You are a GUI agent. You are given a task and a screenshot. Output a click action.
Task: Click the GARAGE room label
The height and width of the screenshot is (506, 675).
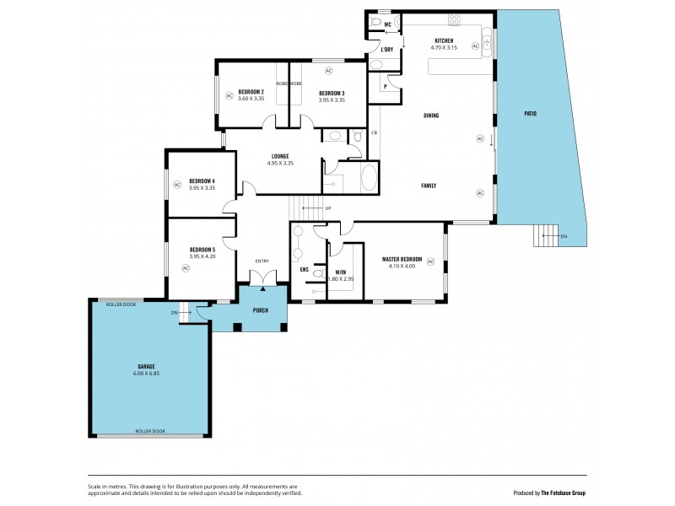pos(147,367)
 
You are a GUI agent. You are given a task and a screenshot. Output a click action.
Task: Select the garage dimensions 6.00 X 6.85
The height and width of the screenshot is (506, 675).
pos(147,373)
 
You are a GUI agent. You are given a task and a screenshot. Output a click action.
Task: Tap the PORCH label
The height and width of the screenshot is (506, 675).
pos(261,310)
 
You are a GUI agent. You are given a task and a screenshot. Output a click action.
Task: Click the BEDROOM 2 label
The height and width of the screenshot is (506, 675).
pos(251,92)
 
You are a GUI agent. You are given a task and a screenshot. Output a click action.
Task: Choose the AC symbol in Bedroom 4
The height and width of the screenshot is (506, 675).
pos(177,184)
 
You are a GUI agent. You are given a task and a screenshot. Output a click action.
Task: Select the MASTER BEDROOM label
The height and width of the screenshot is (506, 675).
pos(402,259)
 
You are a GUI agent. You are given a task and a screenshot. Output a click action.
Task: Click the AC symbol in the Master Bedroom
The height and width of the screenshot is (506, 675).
pos(430,262)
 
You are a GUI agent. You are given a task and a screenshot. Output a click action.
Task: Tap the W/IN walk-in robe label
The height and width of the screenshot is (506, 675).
pos(341,271)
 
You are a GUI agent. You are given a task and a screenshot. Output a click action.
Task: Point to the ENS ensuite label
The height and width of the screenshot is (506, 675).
pos(304,270)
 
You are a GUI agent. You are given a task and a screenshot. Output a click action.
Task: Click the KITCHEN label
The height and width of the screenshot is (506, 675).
pos(444,41)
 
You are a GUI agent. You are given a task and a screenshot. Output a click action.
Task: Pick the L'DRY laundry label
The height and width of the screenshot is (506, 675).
pos(387,50)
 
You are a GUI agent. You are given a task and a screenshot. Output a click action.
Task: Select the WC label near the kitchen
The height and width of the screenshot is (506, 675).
pos(387,24)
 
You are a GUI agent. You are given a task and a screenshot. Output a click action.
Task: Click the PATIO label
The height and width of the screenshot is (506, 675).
pos(530,114)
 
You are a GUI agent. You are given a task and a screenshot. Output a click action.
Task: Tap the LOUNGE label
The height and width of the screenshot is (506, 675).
pos(280,156)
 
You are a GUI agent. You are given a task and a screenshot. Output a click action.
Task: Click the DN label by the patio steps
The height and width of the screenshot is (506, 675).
pos(563,237)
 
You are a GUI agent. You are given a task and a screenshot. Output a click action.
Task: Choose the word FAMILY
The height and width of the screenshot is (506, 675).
pos(429,185)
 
